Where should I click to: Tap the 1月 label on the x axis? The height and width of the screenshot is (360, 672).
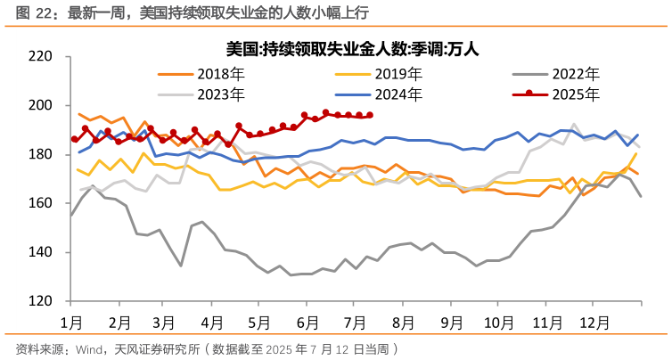point(72,320)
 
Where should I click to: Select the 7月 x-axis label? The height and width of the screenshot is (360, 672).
point(355,320)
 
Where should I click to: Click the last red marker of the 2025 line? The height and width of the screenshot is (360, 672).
point(370,115)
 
